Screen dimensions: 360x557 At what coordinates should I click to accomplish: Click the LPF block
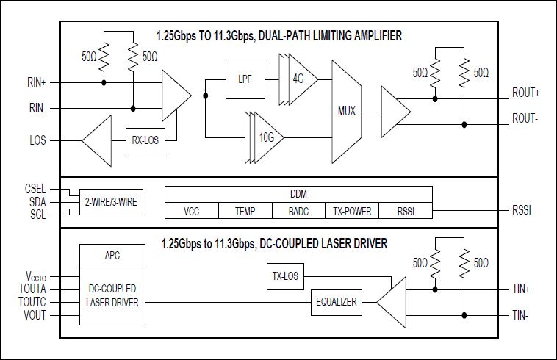coord(244,77)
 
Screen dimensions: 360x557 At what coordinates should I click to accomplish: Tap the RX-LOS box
coord(145,140)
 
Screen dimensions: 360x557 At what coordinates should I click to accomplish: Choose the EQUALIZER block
coord(337,302)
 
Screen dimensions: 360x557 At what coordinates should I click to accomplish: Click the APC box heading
coord(112,256)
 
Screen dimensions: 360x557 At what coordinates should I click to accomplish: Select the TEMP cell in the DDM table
coord(245,211)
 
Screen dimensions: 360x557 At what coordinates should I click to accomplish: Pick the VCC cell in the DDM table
coord(192,211)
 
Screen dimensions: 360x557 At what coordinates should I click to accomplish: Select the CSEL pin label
coord(36,188)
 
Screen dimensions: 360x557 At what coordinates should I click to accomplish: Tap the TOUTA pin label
coord(32,289)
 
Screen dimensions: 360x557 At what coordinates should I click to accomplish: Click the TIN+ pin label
coord(522,289)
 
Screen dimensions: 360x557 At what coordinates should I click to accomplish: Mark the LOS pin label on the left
coord(37,140)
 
